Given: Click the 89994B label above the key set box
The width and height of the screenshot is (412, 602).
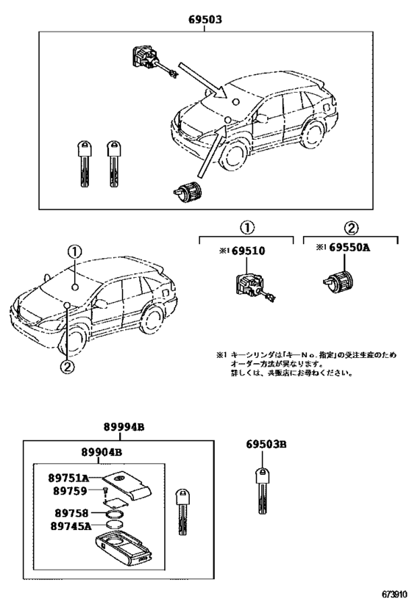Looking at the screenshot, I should pyautogui.click(x=123, y=427).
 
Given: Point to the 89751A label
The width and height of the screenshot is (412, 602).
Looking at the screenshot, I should pyautogui.click(x=70, y=477).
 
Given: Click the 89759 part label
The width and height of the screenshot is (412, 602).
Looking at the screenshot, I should pyautogui.click(x=71, y=490).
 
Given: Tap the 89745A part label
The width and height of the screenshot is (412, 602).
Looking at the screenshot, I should pyautogui.click(x=71, y=526).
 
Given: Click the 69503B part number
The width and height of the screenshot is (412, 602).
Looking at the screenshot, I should pyautogui.click(x=266, y=445).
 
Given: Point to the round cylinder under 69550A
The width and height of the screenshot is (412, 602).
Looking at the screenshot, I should pyautogui.click(x=338, y=281).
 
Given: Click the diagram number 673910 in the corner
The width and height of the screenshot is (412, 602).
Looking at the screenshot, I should pyautogui.click(x=394, y=593).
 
